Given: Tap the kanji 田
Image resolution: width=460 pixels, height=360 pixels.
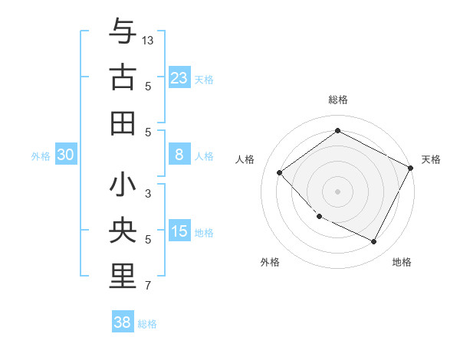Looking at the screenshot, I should coord(123,123).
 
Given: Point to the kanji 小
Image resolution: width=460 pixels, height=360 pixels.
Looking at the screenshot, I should coord(123,185).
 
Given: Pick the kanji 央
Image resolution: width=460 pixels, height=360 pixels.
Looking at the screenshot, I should coord(123,231).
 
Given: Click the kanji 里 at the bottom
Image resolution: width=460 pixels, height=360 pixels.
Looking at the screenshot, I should coord(123,278).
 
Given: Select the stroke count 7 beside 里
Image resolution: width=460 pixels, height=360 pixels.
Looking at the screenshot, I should coord(148,286).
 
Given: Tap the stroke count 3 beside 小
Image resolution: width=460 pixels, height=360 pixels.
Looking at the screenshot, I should coord(148,193).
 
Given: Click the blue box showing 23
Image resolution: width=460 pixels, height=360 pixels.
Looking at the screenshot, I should coord(179,77).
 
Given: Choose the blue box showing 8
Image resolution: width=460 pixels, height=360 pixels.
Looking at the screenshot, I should coord(179,155).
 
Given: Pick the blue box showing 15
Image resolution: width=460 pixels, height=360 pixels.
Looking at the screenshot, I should coord(179,231).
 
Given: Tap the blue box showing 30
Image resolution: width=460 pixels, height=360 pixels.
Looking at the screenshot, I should coord(66,155).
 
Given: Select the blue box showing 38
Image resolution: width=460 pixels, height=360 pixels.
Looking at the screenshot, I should coord(123,322).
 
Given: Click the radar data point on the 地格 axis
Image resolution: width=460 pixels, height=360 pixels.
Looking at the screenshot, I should coord(374,242).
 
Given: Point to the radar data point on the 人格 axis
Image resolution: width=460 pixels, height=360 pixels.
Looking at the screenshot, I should coord(280,172).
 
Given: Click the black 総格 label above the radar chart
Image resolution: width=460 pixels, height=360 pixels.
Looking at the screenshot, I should coord(338,100).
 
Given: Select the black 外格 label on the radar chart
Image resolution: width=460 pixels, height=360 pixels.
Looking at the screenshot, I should coord(270,262).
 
